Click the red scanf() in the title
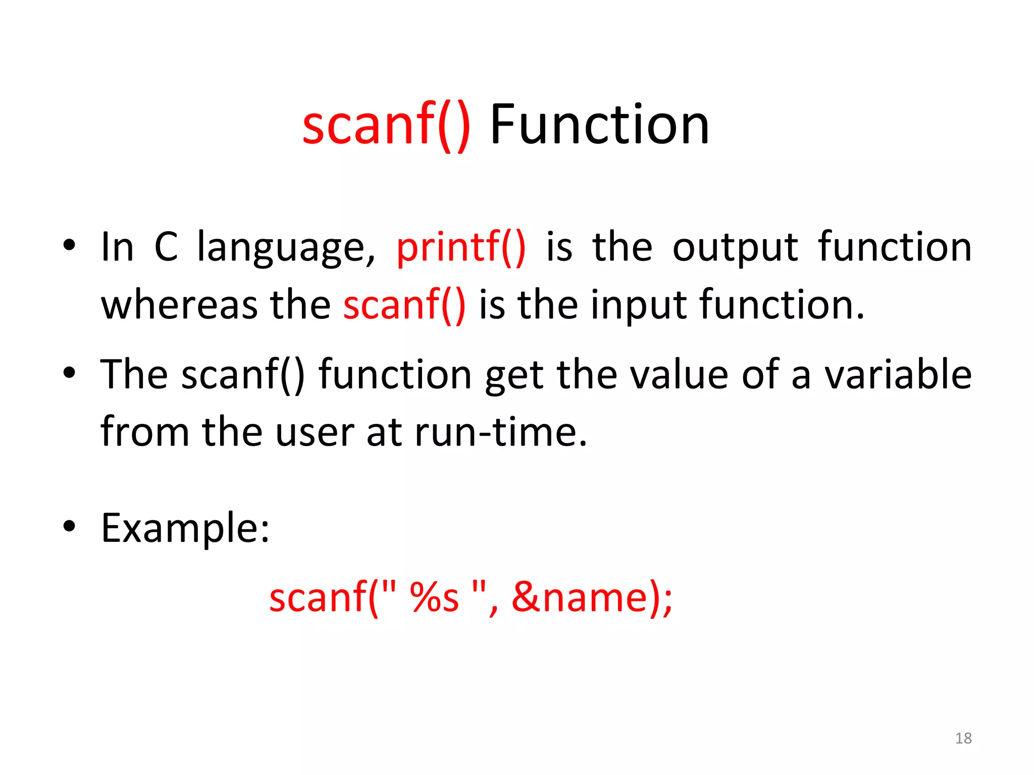pos(386,125)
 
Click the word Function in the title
pos(599,125)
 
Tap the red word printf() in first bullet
pos(461,247)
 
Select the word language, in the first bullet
pos(286,247)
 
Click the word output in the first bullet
pos(735,247)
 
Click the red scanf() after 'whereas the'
pos(404,305)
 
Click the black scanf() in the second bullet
pos(243,375)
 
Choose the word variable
pos(898,375)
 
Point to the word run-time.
pos(501,433)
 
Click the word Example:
pos(185,528)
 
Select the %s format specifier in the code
pos(435,597)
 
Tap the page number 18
pos(963,738)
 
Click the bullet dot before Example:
pos(69,526)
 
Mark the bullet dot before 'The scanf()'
pos(69,373)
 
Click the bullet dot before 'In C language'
pos(69,246)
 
